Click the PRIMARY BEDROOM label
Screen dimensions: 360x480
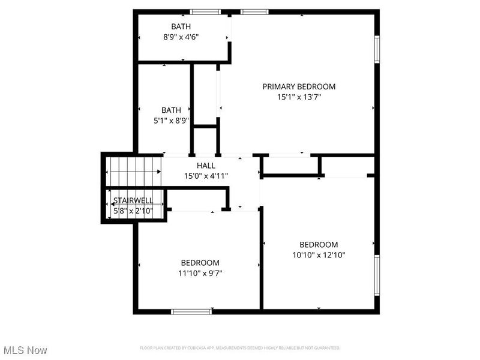[299, 86]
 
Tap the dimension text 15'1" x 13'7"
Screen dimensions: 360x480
[299, 97]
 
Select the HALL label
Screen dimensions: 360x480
[206, 166]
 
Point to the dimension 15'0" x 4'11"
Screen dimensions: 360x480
[206, 176]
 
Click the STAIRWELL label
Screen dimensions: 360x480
[133, 200]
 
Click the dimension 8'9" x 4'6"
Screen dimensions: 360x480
[181, 37]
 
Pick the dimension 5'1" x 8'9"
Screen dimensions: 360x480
[171, 120]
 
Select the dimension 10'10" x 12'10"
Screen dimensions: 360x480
[319, 254]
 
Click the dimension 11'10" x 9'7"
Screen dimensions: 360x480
[200, 273]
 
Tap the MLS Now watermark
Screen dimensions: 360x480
[25, 350]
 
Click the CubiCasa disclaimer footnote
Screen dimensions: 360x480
[240, 348]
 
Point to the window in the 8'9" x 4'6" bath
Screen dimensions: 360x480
[205, 11]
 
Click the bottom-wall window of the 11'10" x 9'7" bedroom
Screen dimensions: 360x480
[191, 311]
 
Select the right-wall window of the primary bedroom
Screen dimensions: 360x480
[377, 49]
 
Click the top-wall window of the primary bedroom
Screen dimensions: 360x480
[254, 11]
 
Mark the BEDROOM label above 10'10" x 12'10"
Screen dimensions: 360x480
[319, 244]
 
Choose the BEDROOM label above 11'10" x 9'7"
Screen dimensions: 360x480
[200, 263]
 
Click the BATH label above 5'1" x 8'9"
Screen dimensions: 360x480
[171, 110]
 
